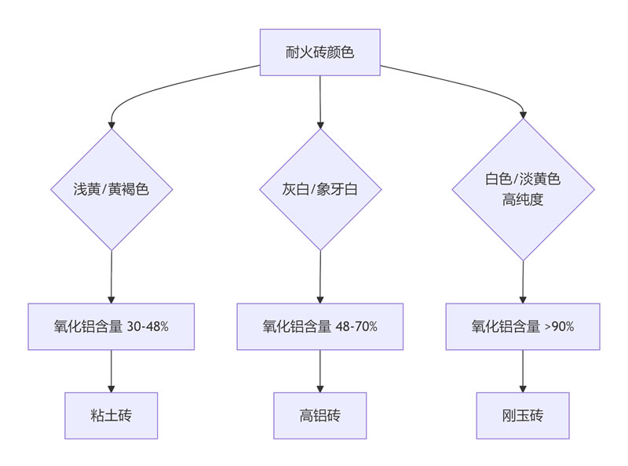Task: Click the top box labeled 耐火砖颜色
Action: (x=319, y=53)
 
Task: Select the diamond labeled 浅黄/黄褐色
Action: (x=111, y=189)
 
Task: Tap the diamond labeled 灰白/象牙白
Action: (x=319, y=189)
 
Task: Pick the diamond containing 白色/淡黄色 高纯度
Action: (x=522, y=189)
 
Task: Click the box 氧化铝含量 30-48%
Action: (x=111, y=326)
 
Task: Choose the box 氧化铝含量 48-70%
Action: (x=319, y=326)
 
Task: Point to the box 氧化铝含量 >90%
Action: (x=522, y=326)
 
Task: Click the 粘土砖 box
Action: (x=111, y=416)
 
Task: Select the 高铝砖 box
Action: (x=319, y=416)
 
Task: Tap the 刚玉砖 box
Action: (x=522, y=416)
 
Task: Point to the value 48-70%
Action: (x=358, y=326)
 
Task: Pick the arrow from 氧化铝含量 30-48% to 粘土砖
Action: (x=111, y=370)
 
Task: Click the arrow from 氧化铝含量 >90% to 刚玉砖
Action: (x=522, y=370)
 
